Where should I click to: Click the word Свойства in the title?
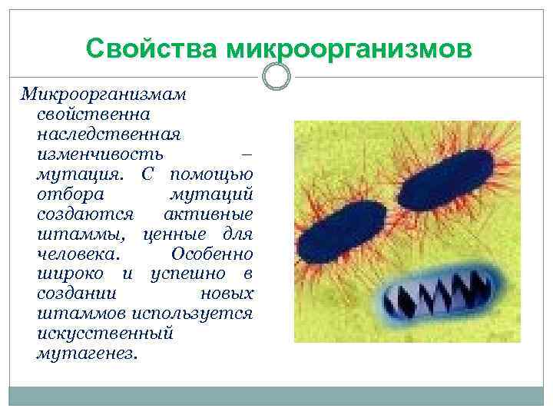click(x=153, y=49)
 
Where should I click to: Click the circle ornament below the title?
click(x=276, y=76)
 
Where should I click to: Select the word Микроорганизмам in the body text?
click(x=103, y=95)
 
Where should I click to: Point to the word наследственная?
click(x=108, y=134)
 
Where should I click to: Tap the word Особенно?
click(x=212, y=254)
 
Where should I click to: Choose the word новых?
click(x=227, y=294)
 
